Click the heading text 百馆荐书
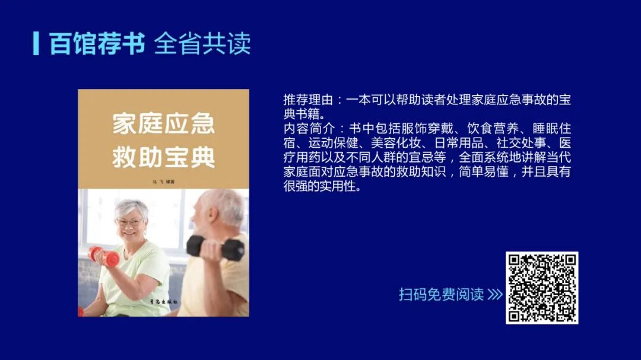pos(97,44)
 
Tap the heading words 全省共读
pos(202,44)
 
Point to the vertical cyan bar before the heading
pos(36,43)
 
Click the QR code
pos(541,288)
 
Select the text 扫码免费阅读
pos(441,295)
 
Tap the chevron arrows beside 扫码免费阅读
pos(495,295)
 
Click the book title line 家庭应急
pos(163,125)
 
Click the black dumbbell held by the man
pos(215,247)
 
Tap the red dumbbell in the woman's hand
pos(103,256)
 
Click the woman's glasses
pos(129,222)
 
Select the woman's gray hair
pos(132,207)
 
